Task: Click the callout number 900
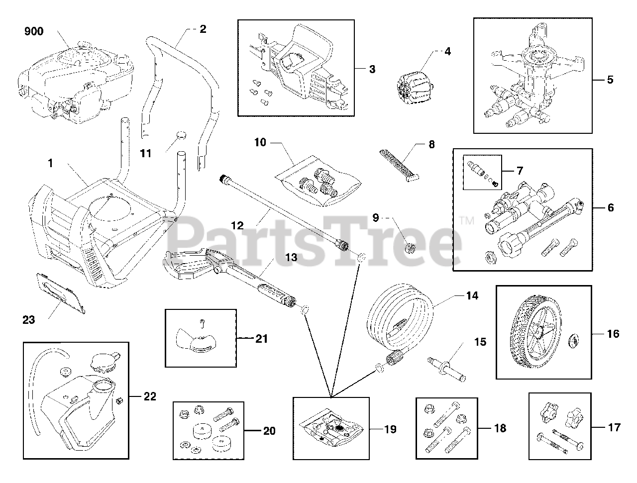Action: pyautogui.click(x=34, y=32)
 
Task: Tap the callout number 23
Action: pyautogui.click(x=29, y=320)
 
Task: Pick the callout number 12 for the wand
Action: pyautogui.click(x=237, y=225)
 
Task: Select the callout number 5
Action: pyautogui.click(x=610, y=79)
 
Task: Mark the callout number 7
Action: pyautogui.click(x=519, y=171)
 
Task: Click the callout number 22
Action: pyautogui.click(x=149, y=396)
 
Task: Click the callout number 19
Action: pyautogui.click(x=391, y=429)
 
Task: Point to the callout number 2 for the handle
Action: pyautogui.click(x=203, y=29)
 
